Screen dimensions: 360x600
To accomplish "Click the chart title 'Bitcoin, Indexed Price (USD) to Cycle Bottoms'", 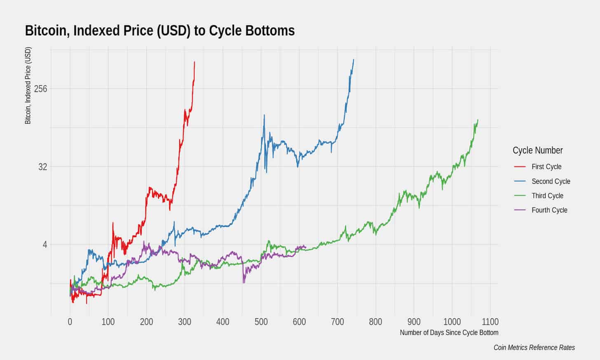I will (x=160, y=30).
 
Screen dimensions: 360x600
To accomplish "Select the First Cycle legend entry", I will (x=546, y=167).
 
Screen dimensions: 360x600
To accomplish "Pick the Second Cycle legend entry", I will (x=551, y=181).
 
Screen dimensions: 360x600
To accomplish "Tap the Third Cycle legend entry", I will (x=547, y=196).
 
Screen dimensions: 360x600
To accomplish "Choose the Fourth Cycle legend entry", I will (x=549, y=210).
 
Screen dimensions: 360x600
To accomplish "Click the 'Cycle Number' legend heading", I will (x=537, y=150).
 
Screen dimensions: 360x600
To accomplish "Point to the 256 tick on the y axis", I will (x=41, y=89).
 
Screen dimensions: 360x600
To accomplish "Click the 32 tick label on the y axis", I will (x=43, y=167).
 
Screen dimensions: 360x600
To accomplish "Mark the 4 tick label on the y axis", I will (x=45, y=245).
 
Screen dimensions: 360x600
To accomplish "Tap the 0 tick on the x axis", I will (x=70, y=322).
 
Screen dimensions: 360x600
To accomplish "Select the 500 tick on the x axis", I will (x=261, y=322).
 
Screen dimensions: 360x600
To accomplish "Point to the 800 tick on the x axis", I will (x=375, y=322).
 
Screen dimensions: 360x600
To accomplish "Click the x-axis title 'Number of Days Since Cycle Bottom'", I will (x=449, y=333).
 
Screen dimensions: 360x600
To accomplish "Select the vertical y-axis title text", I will (x=28, y=86).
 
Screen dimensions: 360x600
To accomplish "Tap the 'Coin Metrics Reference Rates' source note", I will (x=534, y=348).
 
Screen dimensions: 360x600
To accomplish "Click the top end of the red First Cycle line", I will (x=195, y=62).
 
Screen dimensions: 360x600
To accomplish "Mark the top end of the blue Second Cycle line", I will (x=354, y=60).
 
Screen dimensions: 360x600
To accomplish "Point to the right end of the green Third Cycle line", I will (x=478, y=120).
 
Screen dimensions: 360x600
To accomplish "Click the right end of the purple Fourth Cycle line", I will (x=306, y=247).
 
